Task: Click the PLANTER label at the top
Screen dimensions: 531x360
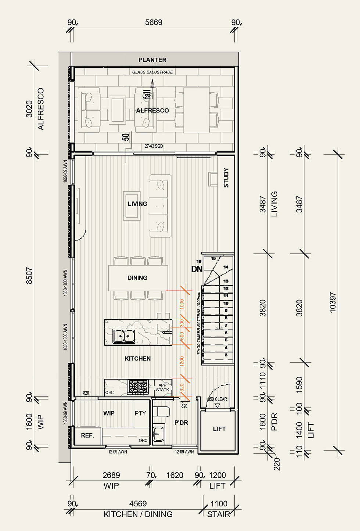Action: [152, 60]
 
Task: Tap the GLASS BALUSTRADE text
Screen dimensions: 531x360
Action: [152, 72]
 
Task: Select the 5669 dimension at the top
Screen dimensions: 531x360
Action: [154, 22]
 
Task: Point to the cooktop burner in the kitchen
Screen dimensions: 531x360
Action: [137, 387]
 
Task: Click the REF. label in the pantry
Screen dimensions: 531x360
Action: [87, 435]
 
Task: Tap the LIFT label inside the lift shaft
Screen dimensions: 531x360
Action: [219, 429]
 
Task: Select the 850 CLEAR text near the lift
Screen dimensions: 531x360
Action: [217, 399]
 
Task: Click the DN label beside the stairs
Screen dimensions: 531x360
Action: [197, 269]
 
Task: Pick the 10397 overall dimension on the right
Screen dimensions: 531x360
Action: [332, 302]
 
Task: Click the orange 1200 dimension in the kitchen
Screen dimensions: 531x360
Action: [182, 361]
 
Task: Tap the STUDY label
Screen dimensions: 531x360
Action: [226, 178]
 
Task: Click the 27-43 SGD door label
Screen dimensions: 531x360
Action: [154, 146]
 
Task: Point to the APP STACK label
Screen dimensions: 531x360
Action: [162, 388]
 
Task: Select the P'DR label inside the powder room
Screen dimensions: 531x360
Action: [181, 423]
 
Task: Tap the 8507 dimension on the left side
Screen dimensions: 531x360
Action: [29, 275]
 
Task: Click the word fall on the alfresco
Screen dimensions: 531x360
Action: [147, 94]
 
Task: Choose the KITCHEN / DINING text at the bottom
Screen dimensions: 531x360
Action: [138, 514]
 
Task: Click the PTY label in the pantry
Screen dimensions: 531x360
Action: [140, 413]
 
